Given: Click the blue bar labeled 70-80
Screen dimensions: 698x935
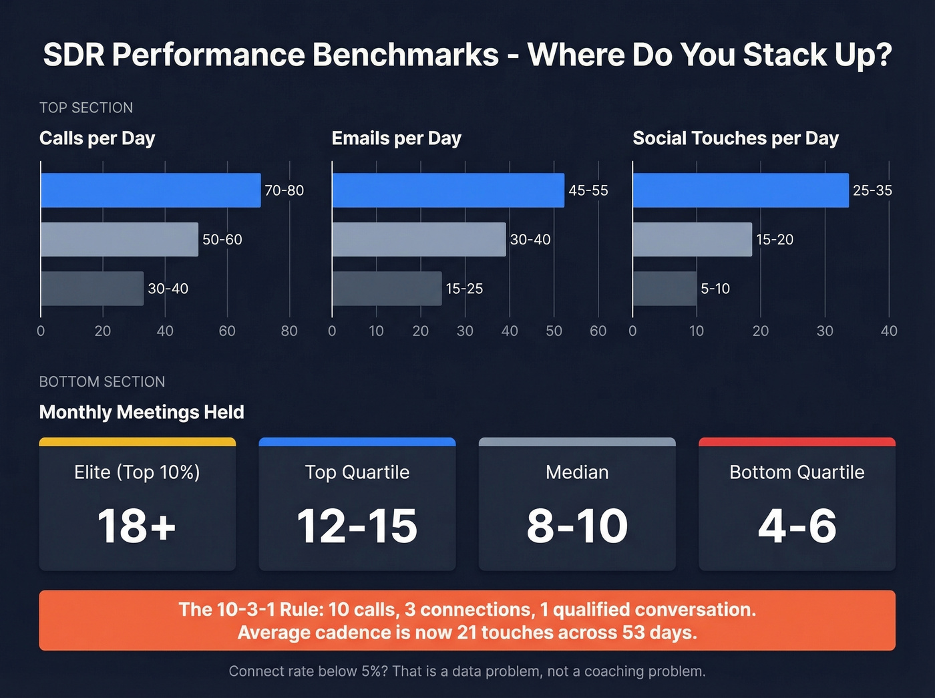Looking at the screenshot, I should point(150,190).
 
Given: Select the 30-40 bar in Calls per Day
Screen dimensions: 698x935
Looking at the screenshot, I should point(92,289).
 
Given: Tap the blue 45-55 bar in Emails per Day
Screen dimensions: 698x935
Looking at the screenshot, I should point(447,190).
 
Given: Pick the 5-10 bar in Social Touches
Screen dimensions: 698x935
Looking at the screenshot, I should point(665,289).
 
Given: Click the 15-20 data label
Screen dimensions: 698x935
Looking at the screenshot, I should point(775,240).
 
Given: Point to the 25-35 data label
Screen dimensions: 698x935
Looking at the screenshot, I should point(872,190).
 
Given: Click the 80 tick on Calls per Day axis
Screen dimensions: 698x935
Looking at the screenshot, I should point(289,331).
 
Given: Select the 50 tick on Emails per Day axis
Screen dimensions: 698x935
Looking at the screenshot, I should point(554,331).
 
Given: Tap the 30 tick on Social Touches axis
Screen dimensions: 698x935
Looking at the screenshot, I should point(825,331).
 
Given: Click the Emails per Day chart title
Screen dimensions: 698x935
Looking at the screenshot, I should point(396,138).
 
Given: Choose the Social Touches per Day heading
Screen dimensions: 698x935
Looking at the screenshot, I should point(735,138).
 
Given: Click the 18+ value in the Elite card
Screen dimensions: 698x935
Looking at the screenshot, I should point(137,526).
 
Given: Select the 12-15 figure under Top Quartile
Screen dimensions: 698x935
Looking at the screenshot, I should point(357,526).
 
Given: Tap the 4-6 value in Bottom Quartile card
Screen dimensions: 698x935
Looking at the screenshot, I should point(797,526).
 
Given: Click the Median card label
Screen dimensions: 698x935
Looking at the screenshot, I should point(577,472).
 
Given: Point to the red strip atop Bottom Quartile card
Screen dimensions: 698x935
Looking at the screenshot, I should point(797,442).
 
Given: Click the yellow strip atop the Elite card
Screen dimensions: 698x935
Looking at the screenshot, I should point(137,442).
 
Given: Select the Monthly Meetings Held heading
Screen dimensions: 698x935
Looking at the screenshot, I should point(142,412).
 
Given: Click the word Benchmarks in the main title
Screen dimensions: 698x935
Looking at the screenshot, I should point(405,55).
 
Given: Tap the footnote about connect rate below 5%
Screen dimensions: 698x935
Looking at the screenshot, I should point(467,671).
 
